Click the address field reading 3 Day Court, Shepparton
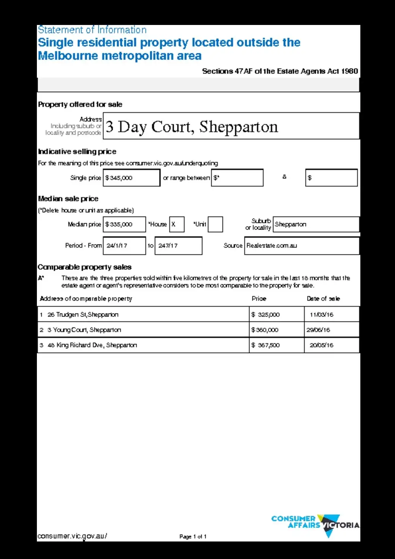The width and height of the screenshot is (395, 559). tap(231, 126)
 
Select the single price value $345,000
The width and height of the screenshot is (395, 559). tap(131, 178)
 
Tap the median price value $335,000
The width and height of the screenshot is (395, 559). tap(124, 224)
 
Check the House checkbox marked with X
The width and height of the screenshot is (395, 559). tap(177, 224)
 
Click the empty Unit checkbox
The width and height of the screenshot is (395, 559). tap(215, 224)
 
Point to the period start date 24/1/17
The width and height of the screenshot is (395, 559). tap(124, 246)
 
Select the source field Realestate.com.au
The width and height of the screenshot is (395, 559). tap(301, 246)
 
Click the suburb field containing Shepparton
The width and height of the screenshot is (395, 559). tap(316, 224)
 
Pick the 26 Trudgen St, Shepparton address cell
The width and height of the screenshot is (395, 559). tap(143, 315)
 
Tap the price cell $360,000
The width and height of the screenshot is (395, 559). tap(276, 330)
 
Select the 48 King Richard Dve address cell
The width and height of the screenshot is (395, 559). tap(143, 345)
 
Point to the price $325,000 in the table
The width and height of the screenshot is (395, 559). tap(276, 315)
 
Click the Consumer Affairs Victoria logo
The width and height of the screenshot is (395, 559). tap(315, 524)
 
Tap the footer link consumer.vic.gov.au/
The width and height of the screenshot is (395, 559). tap(72, 536)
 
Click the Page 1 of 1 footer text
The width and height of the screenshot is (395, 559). tap(193, 537)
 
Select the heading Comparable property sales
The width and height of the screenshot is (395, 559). tap(85, 267)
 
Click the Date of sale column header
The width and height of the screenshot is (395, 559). tap(323, 299)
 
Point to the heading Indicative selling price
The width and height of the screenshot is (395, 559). tap(77, 151)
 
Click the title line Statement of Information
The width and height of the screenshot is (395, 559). tap(92, 30)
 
